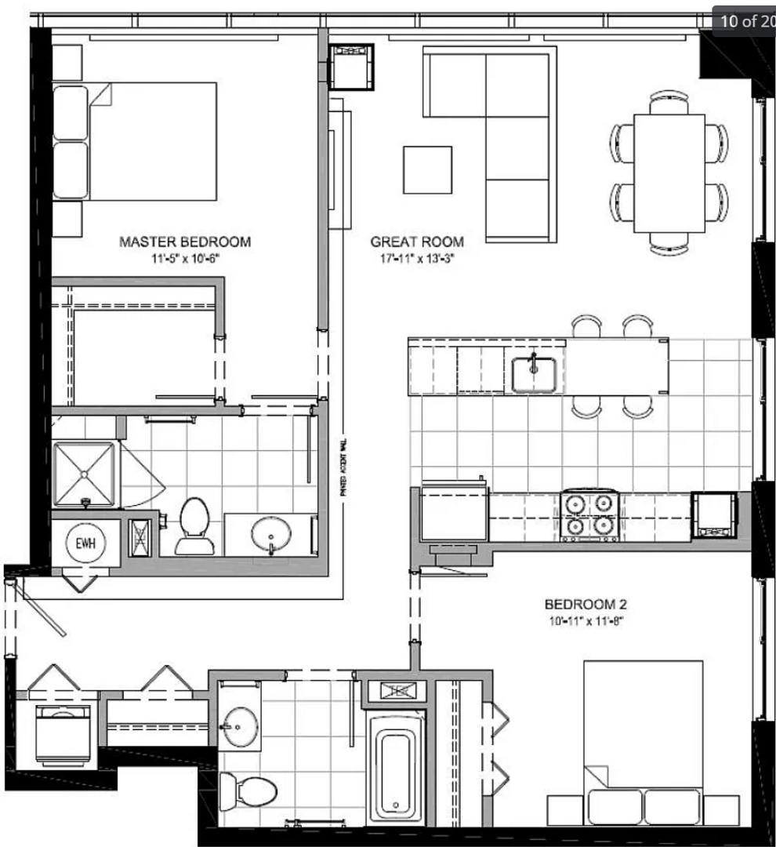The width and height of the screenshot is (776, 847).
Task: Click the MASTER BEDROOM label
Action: coord(185,242)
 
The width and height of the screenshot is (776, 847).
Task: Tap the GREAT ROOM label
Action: coord(416,242)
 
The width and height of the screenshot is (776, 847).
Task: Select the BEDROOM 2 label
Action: coord(586,605)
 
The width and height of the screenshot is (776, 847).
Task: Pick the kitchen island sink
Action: coord(534,373)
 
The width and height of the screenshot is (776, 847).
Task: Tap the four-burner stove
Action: coord(589,515)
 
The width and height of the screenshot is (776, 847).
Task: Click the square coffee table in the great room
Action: coord(427,169)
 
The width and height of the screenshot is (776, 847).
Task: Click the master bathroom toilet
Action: coord(193,524)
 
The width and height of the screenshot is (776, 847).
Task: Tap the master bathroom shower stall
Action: coord(84,474)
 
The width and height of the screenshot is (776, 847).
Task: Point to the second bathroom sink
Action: coord(240,725)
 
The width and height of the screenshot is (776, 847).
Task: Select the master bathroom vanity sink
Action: coord(270,535)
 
